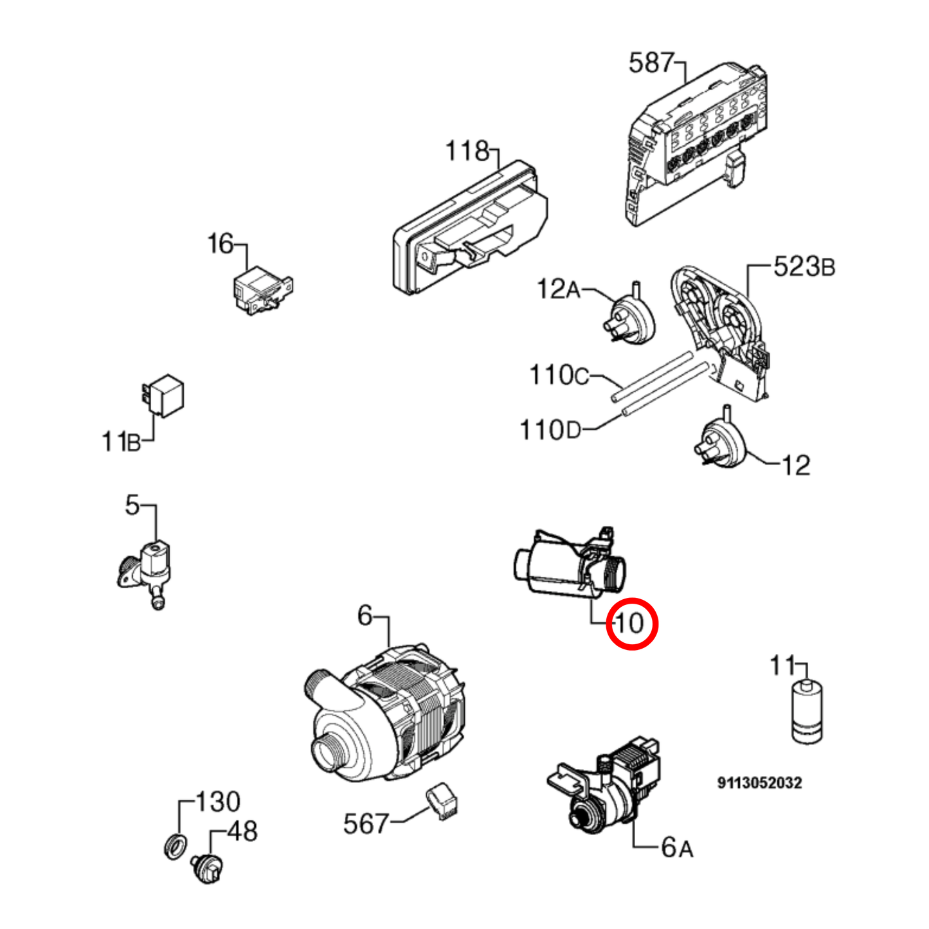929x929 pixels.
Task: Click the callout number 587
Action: [x=651, y=64]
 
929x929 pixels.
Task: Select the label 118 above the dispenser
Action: [x=467, y=151]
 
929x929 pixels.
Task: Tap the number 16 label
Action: [x=221, y=244]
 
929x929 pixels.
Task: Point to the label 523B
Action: [x=804, y=267]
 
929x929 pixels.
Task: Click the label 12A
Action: [x=559, y=289]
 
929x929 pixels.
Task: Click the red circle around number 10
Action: [x=632, y=624]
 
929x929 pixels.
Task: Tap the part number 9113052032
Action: [x=760, y=783]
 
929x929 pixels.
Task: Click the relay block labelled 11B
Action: [x=163, y=395]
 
